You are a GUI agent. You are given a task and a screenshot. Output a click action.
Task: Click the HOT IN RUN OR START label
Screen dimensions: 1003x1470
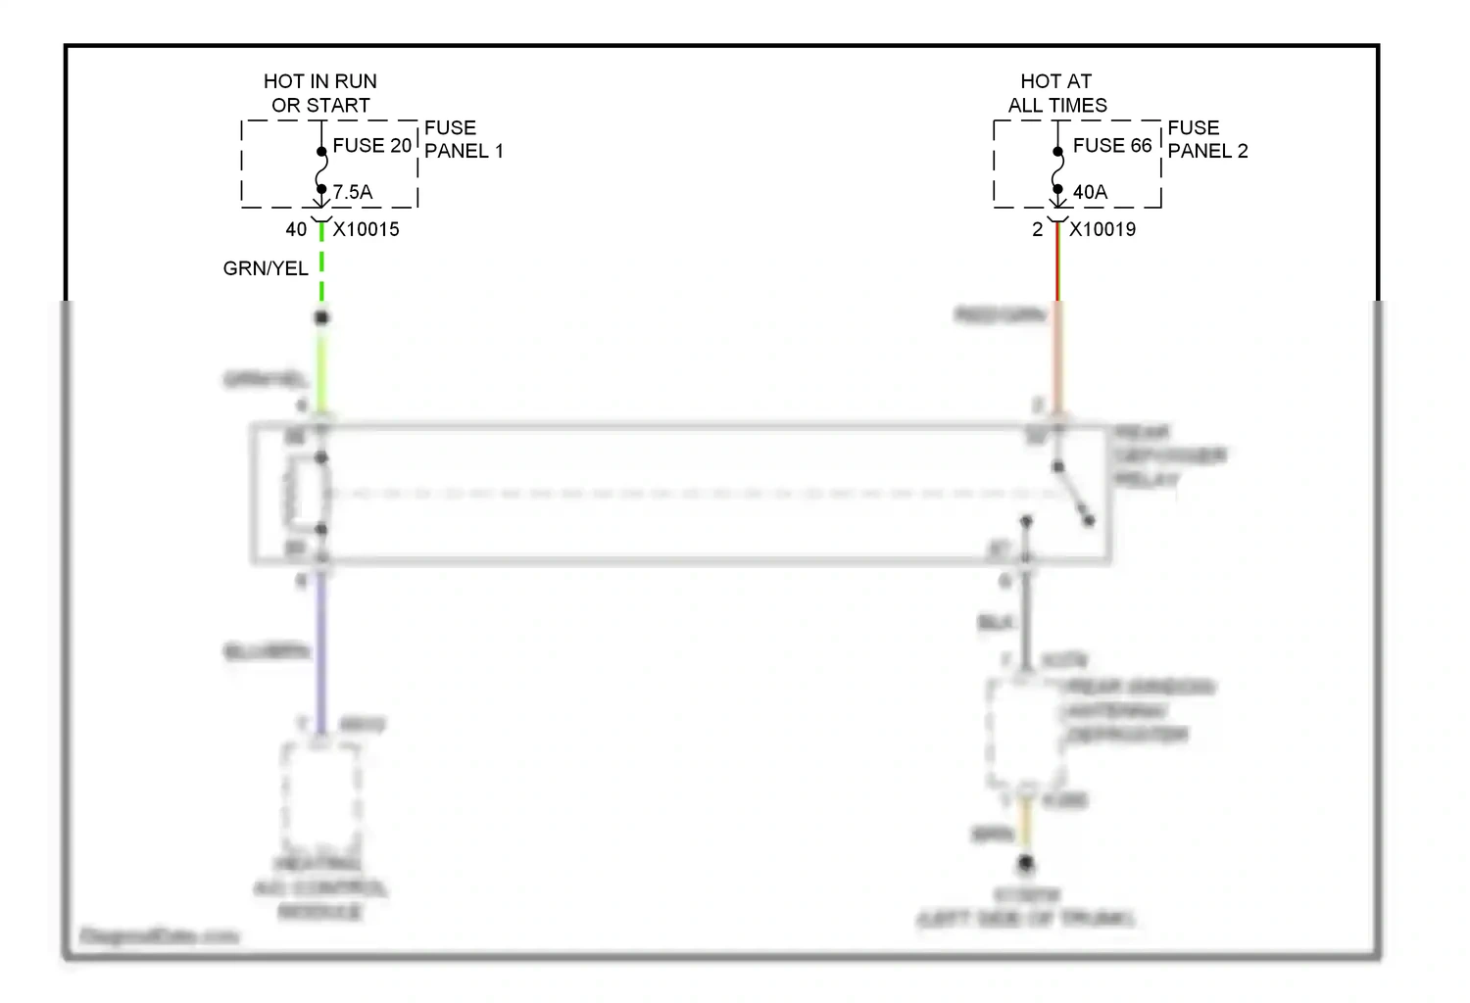(320, 93)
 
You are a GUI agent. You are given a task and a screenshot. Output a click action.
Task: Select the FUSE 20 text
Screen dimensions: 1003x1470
(371, 146)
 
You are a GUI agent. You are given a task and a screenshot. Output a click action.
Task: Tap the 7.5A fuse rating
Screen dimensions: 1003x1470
(353, 192)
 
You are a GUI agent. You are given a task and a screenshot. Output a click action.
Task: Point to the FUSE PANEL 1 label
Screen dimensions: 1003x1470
(464, 139)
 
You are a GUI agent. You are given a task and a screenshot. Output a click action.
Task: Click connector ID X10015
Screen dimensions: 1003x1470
(367, 229)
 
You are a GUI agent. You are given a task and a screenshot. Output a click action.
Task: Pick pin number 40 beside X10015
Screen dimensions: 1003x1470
(296, 229)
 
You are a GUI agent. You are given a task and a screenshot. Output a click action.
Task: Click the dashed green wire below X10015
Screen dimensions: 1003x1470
(321, 264)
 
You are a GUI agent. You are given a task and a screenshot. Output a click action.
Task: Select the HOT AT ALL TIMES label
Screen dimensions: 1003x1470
(1057, 93)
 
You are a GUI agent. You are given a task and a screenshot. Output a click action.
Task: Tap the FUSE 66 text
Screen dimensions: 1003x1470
(1112, 146)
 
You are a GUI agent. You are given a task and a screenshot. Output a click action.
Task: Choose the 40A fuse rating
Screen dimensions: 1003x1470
(1090, 192)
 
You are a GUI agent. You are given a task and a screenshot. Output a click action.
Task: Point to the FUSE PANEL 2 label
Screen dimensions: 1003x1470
(1207, 139)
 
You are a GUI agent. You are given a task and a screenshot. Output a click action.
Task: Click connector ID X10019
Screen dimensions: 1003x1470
(1102, 229)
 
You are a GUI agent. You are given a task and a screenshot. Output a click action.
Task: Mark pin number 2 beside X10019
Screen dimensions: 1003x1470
(1037, 229)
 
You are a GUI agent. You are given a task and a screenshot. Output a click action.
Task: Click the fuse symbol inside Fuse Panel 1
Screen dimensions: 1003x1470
(321, 170)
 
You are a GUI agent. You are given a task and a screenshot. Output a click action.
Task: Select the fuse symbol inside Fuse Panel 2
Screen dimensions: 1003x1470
(1057, 170)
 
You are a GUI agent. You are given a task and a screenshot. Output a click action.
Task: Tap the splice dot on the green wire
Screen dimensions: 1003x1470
(321, 317)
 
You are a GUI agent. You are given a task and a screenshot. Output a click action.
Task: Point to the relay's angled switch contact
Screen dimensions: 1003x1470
(1073, 494)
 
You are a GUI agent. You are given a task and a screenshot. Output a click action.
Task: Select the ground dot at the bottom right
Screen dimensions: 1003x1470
(1026, 864)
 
